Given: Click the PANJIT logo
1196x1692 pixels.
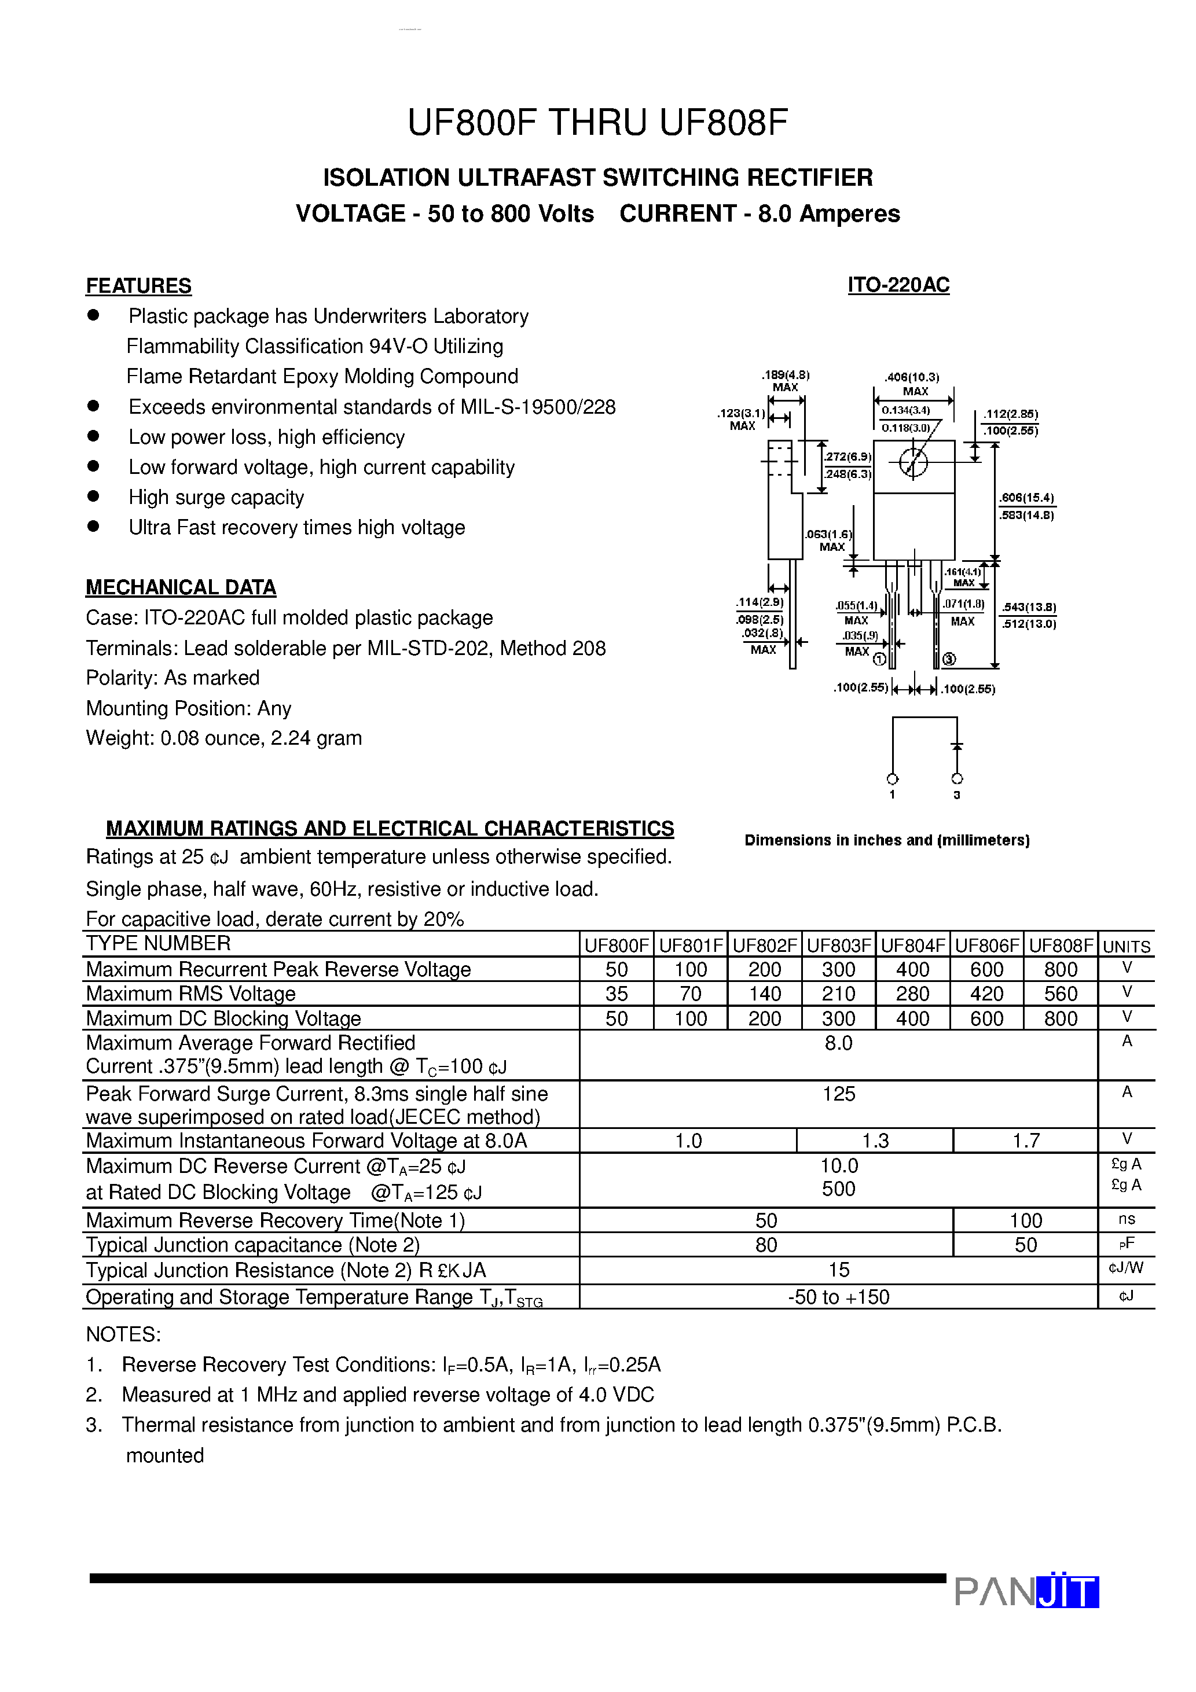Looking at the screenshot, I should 1026,1591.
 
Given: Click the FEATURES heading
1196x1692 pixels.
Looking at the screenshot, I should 138,286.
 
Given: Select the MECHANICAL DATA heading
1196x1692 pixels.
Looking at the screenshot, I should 181,587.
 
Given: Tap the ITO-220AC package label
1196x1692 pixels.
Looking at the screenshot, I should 898,285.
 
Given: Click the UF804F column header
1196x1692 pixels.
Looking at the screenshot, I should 913,946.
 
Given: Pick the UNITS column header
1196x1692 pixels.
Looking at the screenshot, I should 1126,946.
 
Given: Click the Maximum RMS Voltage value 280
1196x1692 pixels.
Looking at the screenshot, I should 913,994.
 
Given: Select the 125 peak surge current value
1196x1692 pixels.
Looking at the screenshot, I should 838,1094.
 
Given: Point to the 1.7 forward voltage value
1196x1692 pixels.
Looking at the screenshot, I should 1026,1141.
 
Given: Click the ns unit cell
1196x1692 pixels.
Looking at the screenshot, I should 1126,1220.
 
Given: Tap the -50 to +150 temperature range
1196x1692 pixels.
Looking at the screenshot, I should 838,1297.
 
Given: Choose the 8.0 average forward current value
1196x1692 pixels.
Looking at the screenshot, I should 838,1043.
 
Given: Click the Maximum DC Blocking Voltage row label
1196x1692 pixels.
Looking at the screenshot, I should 223,1018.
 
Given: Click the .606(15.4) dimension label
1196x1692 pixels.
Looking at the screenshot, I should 1027,498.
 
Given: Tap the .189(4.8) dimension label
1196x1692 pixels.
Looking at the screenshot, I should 786,375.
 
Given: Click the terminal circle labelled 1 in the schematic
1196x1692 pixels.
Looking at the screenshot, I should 892,779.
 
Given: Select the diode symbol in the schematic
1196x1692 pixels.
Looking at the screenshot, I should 956,747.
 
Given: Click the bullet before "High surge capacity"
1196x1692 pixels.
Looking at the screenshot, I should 93,496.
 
